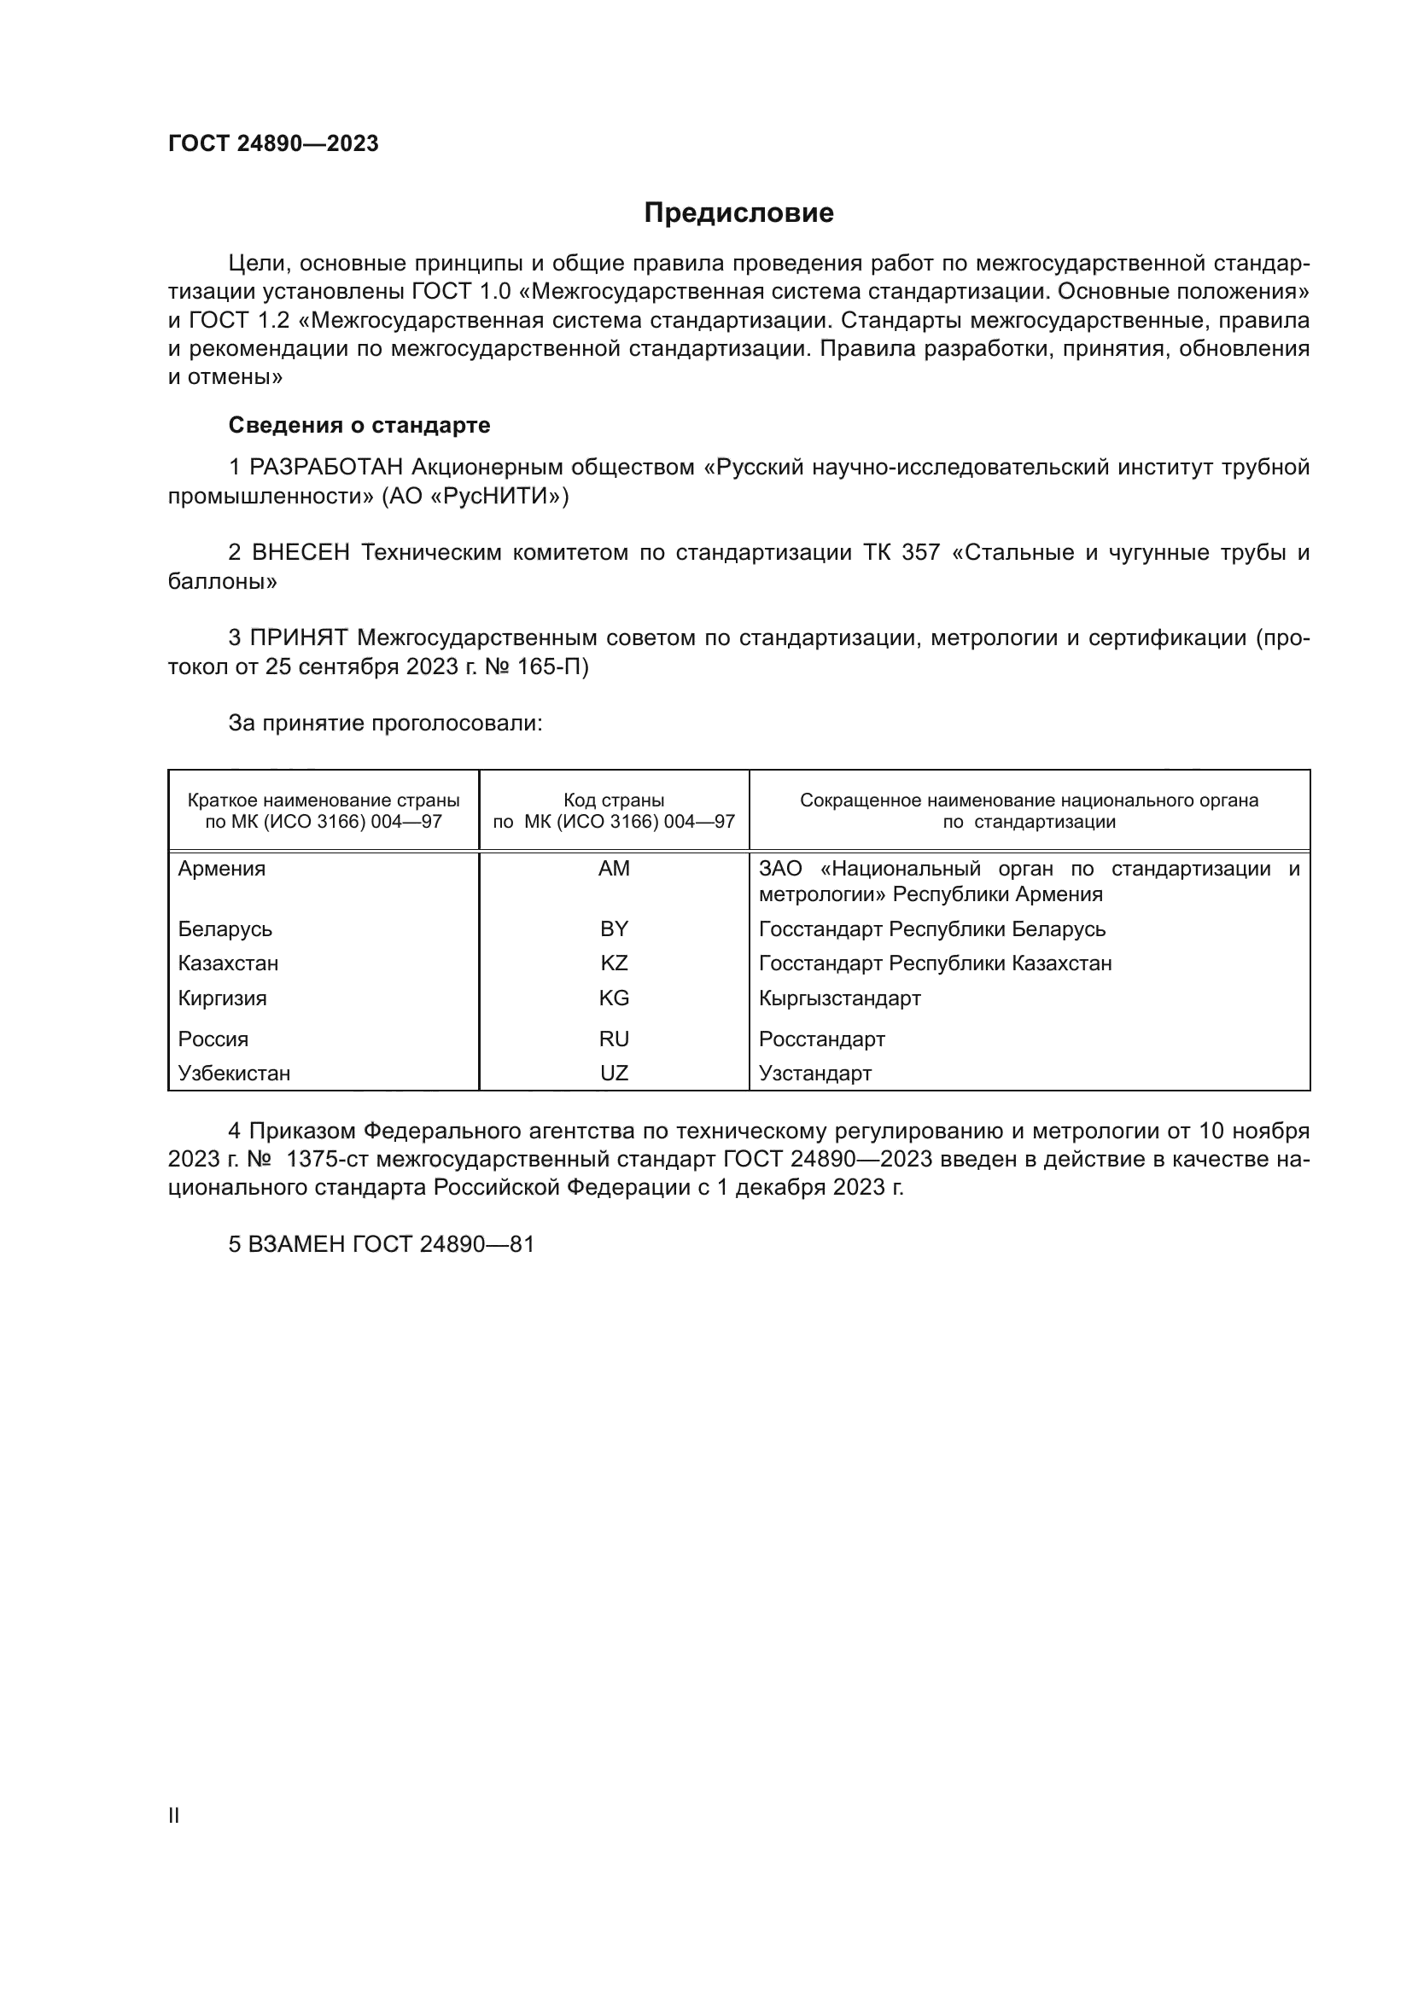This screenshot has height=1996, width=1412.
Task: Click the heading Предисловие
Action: click(x=738, y=213)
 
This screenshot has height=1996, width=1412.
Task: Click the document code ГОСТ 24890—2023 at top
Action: click(x=273, y=143)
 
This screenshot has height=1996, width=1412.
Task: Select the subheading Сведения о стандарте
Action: click(x=359, y=425)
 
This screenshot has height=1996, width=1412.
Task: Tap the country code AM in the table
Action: click(x=614, y=869)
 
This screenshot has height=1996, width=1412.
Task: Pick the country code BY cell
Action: click(x=614, y=928)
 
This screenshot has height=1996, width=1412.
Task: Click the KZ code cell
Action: click(x=614, y=963)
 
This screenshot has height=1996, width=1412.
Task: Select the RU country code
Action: click(x=614, y=1039)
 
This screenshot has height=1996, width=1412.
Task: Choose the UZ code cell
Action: click(x=614, y=1073)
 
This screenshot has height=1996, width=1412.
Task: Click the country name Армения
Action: click(x=222, y=869)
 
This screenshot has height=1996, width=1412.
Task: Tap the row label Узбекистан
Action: click(x=234, y=1073)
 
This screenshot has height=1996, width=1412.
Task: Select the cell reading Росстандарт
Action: click(x=821, y=1039)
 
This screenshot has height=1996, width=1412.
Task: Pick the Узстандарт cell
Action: click(x=814, y=1073)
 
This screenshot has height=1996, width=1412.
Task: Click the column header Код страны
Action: click(x=614, y=800)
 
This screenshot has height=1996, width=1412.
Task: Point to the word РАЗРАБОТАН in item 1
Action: click(x=326, y=468)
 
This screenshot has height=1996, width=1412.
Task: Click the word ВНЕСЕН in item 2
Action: click(x=300, y=553)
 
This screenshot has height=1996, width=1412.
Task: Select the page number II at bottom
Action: click(x=174, y=1815)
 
